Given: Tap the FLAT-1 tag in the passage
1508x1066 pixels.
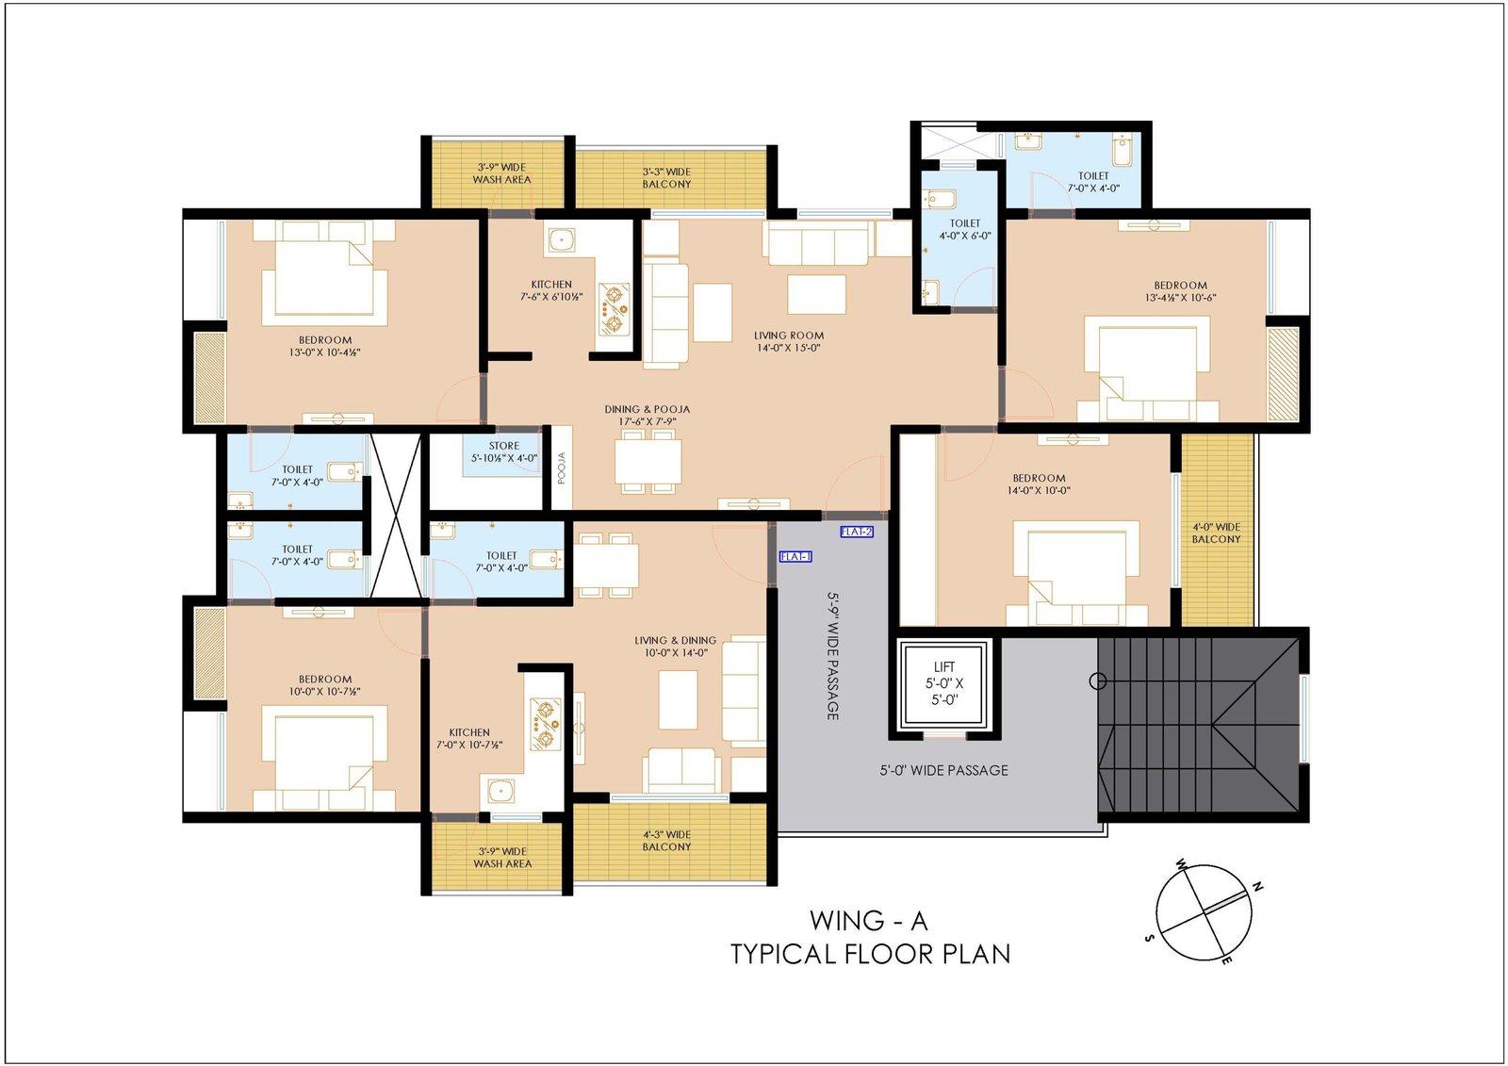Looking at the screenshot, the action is click(x=795, y=556).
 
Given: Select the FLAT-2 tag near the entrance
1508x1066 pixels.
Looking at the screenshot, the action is click(x=857, y=532).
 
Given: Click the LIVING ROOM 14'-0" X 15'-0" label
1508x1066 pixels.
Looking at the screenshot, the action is click(x=788, y=341).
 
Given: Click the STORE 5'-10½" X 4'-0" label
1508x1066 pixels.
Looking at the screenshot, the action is click(x=504, y=451).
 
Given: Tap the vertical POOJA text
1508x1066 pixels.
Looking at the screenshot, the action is click(x=562, y=467).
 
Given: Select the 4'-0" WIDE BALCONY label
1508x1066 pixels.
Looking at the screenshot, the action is click(x=1216, y=533).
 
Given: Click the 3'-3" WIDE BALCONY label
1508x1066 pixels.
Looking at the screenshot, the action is click(x=666, y=178).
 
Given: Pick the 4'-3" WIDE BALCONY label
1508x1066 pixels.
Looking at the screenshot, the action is click(x=666, y=841).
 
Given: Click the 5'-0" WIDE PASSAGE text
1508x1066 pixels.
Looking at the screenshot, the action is click(x=943, y=770).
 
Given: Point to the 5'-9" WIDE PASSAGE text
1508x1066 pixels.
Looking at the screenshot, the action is click(x=833, y=656).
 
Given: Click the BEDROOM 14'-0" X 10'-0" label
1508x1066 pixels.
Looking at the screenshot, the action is click(x=1039, y=484).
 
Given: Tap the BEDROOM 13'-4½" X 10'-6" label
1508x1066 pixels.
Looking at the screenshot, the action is click(x=1180, y=291).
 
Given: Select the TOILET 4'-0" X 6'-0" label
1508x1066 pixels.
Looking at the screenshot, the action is click(x=965, y=229).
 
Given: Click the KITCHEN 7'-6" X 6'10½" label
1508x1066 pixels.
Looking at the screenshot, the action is click(x=551, y=290).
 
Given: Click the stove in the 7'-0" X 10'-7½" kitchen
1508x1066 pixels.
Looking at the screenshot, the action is click(x=546, y=725).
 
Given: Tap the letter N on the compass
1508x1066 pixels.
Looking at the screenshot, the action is click(x=1257, y=888).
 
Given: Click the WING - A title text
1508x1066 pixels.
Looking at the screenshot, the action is click(x=869, y=920).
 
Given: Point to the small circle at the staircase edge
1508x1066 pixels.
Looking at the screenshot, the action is click(x=1098, y=681).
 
